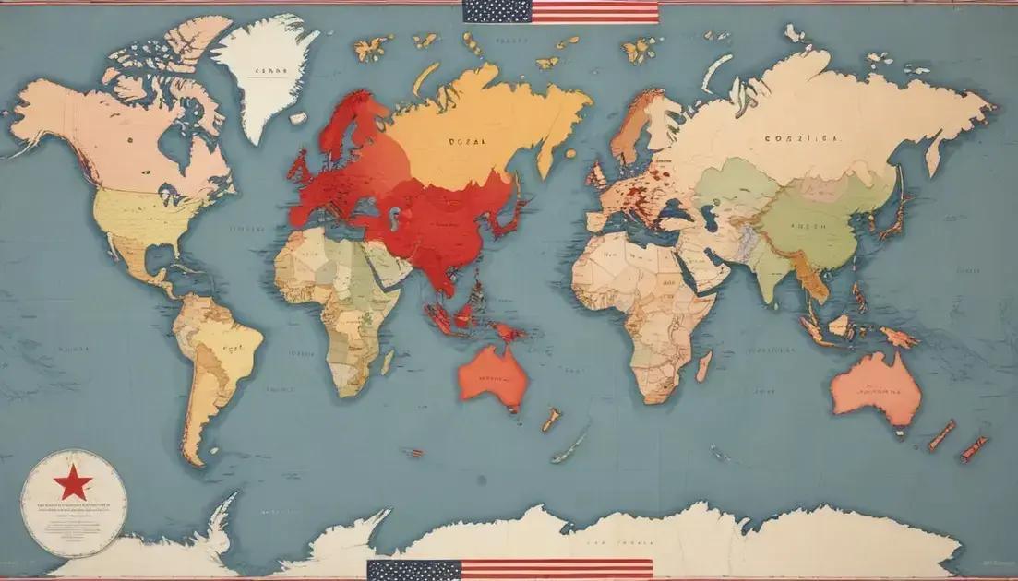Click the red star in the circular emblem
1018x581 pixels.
pos(72,480)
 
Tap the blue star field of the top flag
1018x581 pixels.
pos(497,11)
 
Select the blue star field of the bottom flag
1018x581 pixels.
pos(413,570)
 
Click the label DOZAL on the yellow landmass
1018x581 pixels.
pos(466,141)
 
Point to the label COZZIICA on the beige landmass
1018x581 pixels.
pos(802,138)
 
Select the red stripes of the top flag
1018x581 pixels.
pos(595,12)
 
